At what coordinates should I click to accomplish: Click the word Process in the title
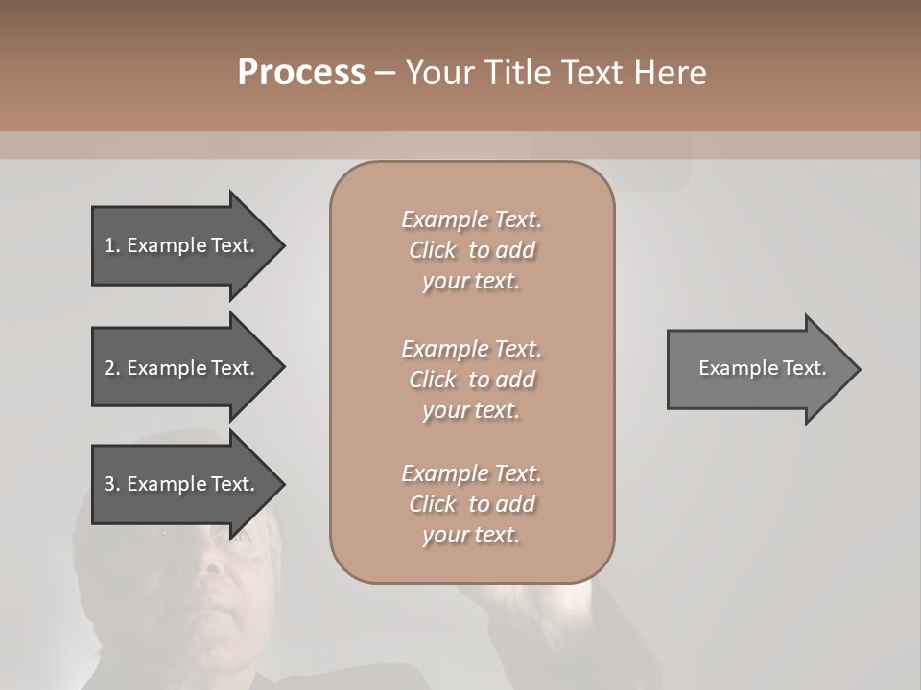(x=301, y=73)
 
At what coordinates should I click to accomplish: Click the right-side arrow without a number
(x=758, y=368)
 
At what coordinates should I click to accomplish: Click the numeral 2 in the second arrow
(x=109, y=368)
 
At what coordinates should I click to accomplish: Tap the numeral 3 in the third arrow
(x=109, y=484)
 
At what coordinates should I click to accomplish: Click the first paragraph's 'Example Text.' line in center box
(x=471, y=219)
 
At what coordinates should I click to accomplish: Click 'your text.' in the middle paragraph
(x=471, y=410)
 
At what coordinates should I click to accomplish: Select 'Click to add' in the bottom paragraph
(x=471, y=504)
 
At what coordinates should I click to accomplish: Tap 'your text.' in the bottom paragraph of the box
(x=471, y=536)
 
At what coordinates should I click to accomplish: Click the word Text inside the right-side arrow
(x=804, y=368)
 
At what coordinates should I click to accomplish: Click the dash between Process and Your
(x=385, y=73)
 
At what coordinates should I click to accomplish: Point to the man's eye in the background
(x=239, y=537)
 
